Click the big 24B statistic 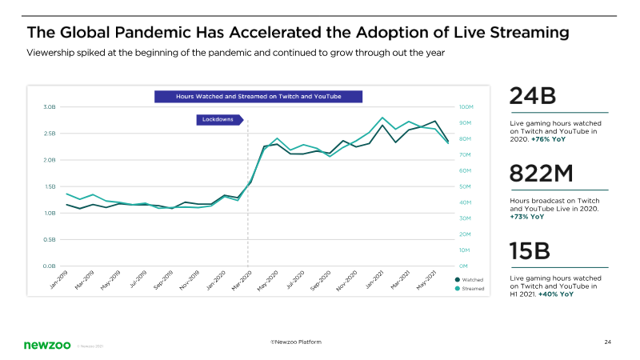click(533, 98)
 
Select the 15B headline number click(531, 251)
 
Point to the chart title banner click(258, 96)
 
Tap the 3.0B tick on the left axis click(49, 106)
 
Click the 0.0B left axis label click(49, 265)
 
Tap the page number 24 click(608, 342)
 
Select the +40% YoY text click(556, 294)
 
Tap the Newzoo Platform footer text click(297, 342)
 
